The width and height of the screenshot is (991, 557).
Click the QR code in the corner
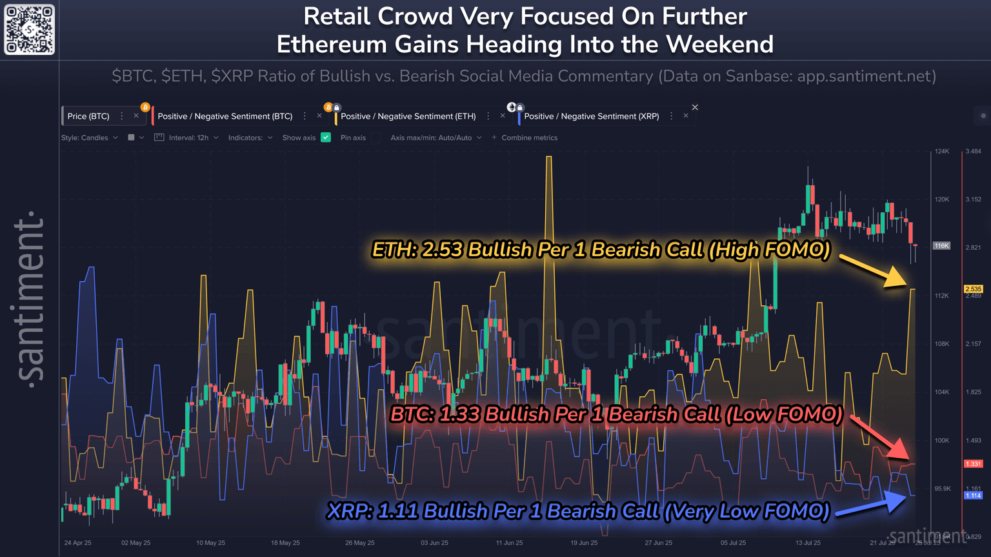click(x=30, y=30)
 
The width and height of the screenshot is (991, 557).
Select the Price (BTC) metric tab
click(x=88, y=116)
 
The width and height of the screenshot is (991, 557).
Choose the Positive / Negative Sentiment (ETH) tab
click(x=408, y=116)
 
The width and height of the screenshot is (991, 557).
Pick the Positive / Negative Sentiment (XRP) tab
click(x=591, y=116)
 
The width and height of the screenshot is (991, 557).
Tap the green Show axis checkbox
click(x=326, y=137)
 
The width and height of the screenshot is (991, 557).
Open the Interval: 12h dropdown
click(x=188, y=137)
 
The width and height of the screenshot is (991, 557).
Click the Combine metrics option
click(x=528, y=137)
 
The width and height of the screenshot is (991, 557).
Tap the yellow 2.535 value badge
click(x=973, y=289)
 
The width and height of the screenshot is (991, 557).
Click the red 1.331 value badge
click(x=973, y=463)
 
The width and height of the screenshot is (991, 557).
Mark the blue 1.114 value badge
click(x=973, y=496)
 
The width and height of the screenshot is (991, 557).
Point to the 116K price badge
click(x=941, y=246)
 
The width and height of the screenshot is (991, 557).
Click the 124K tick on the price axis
click(x=942, y=151)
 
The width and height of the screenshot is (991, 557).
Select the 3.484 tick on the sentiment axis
click(x=973, y=151)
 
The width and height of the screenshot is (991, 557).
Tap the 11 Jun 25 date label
click(x=509, y=543)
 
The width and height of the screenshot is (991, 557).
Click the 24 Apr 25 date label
click(x=77, y=543)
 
